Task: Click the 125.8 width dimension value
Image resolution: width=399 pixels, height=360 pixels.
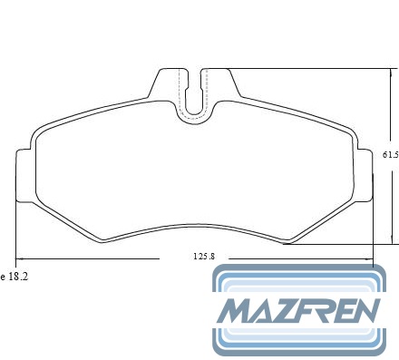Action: (204, 257)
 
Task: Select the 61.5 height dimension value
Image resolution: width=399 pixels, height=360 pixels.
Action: (391, 155)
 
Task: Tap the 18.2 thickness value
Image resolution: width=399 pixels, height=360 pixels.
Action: (18, 277)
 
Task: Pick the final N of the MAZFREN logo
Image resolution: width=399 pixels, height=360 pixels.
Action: (364, 311)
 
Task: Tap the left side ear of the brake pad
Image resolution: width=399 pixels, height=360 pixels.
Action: (24, 175)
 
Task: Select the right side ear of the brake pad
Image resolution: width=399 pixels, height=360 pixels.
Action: (365, 175)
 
